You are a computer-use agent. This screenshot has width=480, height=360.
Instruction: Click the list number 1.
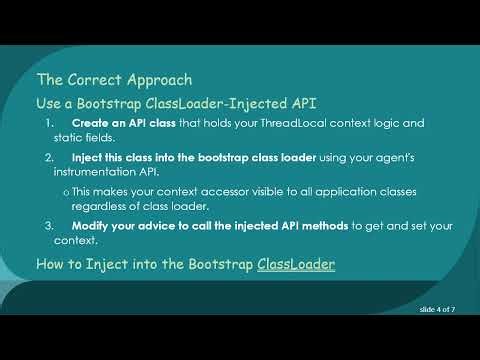click(x=50, y=123)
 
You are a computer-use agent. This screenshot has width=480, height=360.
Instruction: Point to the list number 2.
click(x=50, y=158)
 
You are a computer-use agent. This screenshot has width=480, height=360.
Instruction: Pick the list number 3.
click(x=50, y=226)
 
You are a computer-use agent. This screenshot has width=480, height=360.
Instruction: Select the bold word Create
click(x=89, y=123)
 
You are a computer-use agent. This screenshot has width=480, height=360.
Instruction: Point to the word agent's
click(x=407, y=158)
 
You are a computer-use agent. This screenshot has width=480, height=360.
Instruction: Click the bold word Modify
click(x=89, y=226)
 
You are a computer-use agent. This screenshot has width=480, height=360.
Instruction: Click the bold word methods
click(x=327, y=226)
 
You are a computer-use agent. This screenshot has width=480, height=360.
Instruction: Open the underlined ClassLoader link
click(x=296, y=264)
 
